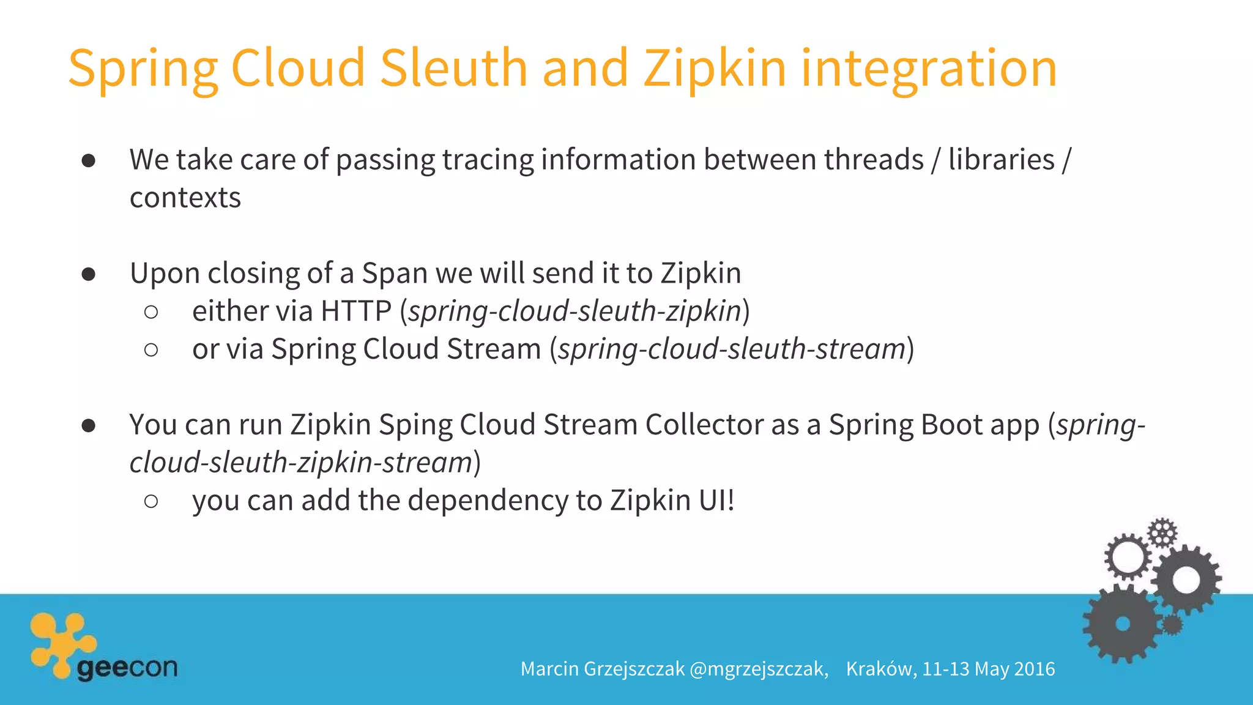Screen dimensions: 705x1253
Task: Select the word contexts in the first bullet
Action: coord(185,198)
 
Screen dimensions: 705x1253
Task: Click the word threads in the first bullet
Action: coord(873,160)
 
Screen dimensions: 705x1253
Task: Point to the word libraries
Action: coord(1001,160)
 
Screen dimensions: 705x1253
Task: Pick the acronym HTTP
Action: coord(355,311)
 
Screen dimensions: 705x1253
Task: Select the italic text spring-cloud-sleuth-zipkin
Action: coord(574,311)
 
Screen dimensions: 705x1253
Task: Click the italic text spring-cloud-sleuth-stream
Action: coord(731,349)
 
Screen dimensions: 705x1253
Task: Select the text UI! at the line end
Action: coord(716,501)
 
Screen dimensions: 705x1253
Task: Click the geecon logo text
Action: coord(127,668)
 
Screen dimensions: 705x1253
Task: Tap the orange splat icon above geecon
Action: coord(61,643)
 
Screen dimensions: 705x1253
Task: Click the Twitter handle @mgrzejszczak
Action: coord(758,669)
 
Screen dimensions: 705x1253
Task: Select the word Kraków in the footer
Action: coord(880,669)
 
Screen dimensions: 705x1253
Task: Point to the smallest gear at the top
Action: coord(1162,532)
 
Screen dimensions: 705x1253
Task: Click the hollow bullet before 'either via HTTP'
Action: coord(151,312)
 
